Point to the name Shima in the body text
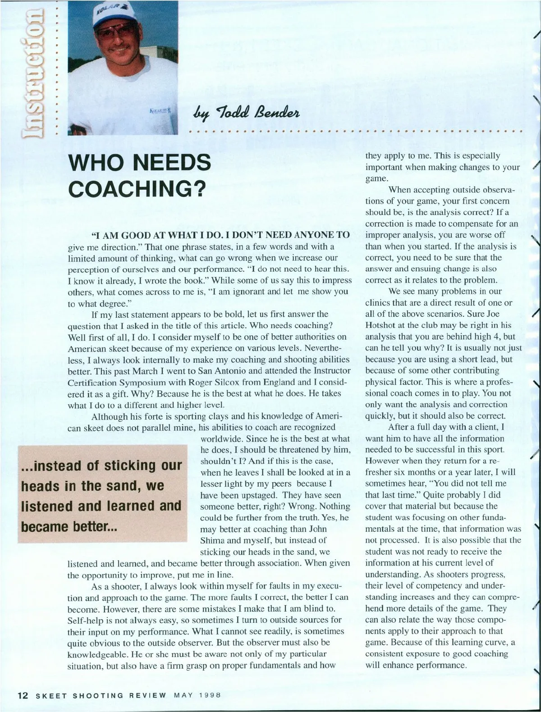[214, 540]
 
